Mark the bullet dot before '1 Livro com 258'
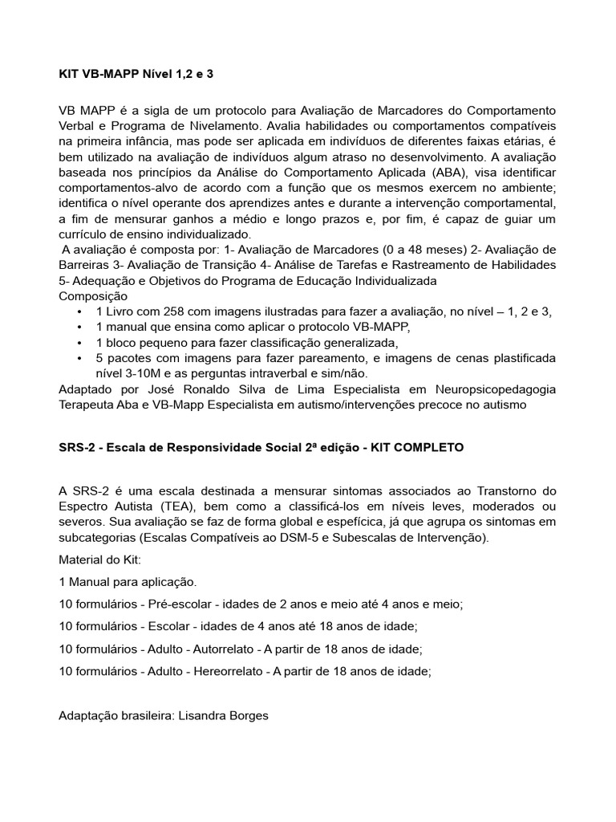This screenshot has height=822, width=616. (x=79, y=311)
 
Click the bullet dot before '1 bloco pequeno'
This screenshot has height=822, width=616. (x=79, y=343)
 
